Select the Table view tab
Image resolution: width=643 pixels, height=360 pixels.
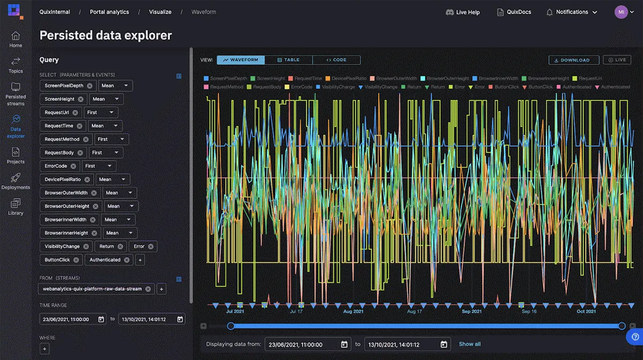[x=288, y=60]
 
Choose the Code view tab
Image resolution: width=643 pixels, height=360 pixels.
[x=336, y=60]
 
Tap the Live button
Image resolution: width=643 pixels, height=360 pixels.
[x=617, y=60]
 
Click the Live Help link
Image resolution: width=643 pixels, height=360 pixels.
[x=462, y=12]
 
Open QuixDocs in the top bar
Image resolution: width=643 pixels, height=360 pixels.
[x=514, y=12]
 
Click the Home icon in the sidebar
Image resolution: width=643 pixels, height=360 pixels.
[x=16, y=39]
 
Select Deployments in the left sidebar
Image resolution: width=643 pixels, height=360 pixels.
[x=16, y=181]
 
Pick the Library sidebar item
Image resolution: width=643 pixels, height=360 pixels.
[x=16, y=206]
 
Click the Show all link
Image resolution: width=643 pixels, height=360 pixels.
[x=469, y=344]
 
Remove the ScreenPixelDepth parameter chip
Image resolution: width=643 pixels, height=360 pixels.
[x=90, y=86]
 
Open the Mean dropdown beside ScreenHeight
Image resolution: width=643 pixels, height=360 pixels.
[x=106, y=99]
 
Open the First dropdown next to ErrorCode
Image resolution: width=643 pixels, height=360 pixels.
[x=99, y=166]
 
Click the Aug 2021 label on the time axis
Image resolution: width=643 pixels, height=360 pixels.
[x=353, y=311]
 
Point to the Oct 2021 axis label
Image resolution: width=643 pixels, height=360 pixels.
[x=586, y=311]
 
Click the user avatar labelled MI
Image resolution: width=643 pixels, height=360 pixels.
[x=620, y=12]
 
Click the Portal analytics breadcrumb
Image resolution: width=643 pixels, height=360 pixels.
[x=109, y=12]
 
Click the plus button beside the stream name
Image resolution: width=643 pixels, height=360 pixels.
[x=161, y=289]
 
